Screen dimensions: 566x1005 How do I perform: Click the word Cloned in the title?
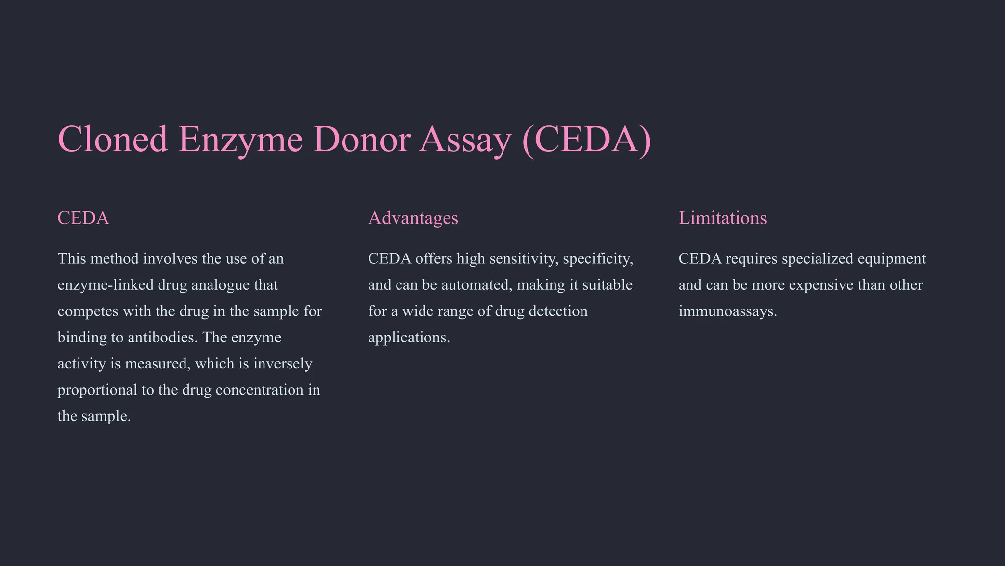tap(113, 139)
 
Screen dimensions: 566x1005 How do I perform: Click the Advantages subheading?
tap(413, 218)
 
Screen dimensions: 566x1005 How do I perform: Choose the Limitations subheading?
tap(722, 218)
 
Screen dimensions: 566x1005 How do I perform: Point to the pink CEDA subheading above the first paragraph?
tap(83, 218)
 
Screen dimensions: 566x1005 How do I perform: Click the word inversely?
tap(283, 364)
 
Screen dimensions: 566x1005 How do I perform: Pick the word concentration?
tap(260, 390)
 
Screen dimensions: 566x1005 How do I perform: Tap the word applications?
tap(408, 338)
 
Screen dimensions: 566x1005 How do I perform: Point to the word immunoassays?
tap(727, 311)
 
